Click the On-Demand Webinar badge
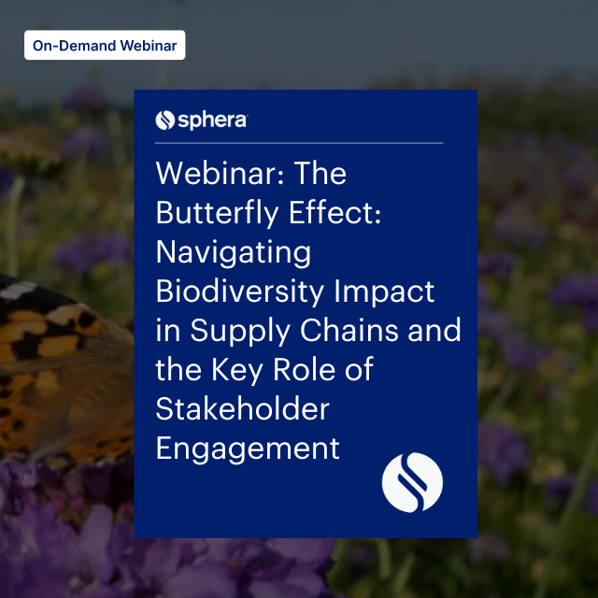click(105, 45)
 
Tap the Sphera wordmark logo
click(202, 120)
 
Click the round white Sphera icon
click(413, 482)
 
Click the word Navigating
click(234, 252)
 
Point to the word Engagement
click(248, 448)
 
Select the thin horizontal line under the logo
click(299, 143)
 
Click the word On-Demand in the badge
click(70, 45)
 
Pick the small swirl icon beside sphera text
click(165, 120)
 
